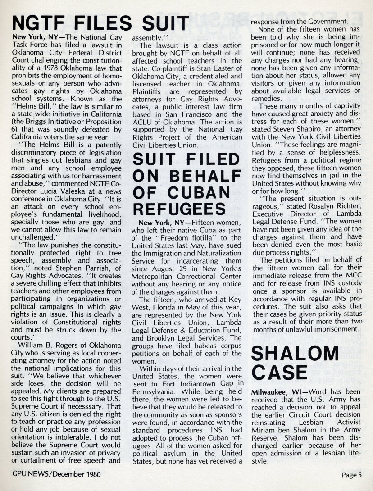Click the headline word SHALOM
click(x=295, y=354)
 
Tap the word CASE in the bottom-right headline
click(x=279, y=373)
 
